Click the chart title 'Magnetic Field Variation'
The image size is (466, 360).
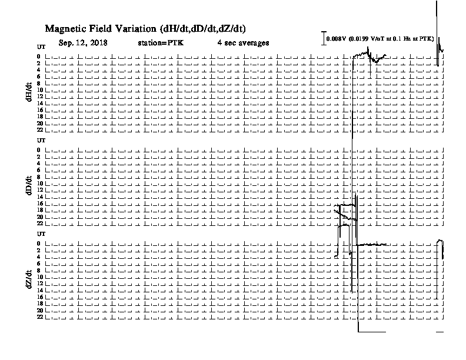101,29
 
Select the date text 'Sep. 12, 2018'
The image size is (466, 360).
83,43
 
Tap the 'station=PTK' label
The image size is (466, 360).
161,43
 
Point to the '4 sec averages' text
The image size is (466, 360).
243,43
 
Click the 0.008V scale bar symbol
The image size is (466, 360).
324,38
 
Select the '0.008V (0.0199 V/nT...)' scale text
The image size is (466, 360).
380,39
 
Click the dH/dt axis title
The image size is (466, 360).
29,92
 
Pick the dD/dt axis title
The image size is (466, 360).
29,185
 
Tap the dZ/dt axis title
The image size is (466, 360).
29,279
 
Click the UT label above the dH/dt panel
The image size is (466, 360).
41,47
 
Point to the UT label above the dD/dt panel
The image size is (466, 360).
41,140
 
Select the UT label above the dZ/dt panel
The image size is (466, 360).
41,234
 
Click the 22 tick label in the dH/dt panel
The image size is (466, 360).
40,130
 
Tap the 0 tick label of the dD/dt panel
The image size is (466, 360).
38,150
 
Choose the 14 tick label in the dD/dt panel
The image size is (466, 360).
40,196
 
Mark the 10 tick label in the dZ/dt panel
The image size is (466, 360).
40,277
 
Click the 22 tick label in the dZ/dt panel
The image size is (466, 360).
40,317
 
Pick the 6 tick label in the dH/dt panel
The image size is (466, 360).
38,76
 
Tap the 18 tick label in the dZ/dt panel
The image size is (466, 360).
40,304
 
